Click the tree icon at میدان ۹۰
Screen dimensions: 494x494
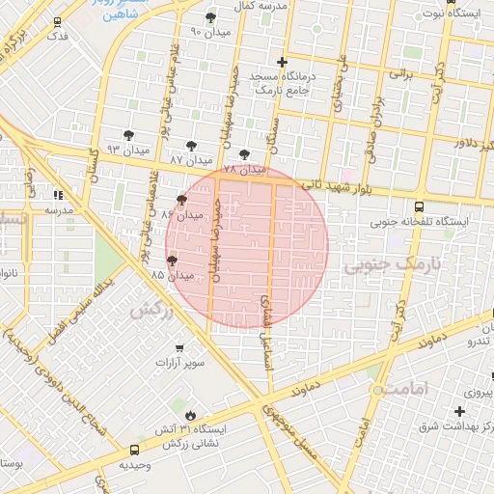tap(210, 17)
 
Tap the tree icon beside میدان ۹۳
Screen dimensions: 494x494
tap(129, 135)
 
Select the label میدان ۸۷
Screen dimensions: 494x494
tap(190, 158)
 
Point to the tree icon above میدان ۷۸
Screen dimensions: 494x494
tap(243, 152)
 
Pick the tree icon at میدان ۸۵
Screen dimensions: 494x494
tap(172, 260)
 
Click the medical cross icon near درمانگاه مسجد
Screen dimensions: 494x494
tap(282, 61)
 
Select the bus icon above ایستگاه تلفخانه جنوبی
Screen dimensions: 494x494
tap(418, 206)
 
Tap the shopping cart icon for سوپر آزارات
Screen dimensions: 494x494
tap(179, 347)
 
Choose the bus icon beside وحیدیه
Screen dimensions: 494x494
tap(133, 448)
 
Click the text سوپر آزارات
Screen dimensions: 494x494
tap(179, 364)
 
